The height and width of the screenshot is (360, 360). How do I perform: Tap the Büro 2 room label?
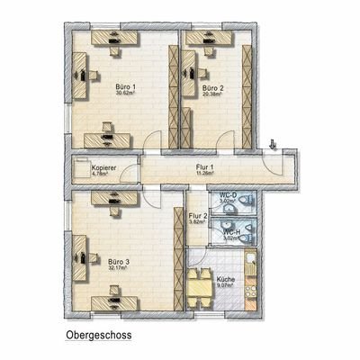pos(212,86)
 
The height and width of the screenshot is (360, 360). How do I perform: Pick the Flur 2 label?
pos(198,216)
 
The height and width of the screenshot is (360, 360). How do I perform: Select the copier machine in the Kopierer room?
pos(82,168)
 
